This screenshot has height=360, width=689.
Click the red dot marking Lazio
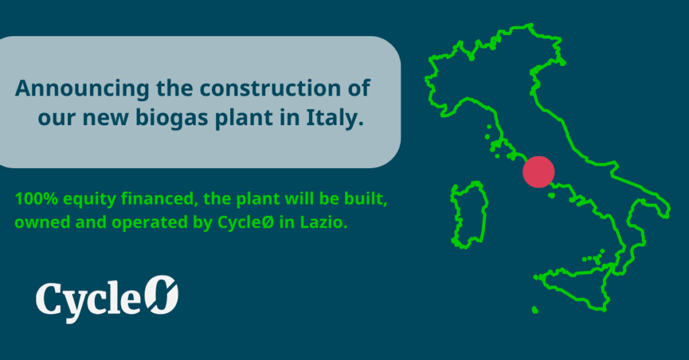click(538, 171)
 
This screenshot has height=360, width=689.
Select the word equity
click(79, 200)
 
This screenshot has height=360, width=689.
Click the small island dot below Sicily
click(534, 310)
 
